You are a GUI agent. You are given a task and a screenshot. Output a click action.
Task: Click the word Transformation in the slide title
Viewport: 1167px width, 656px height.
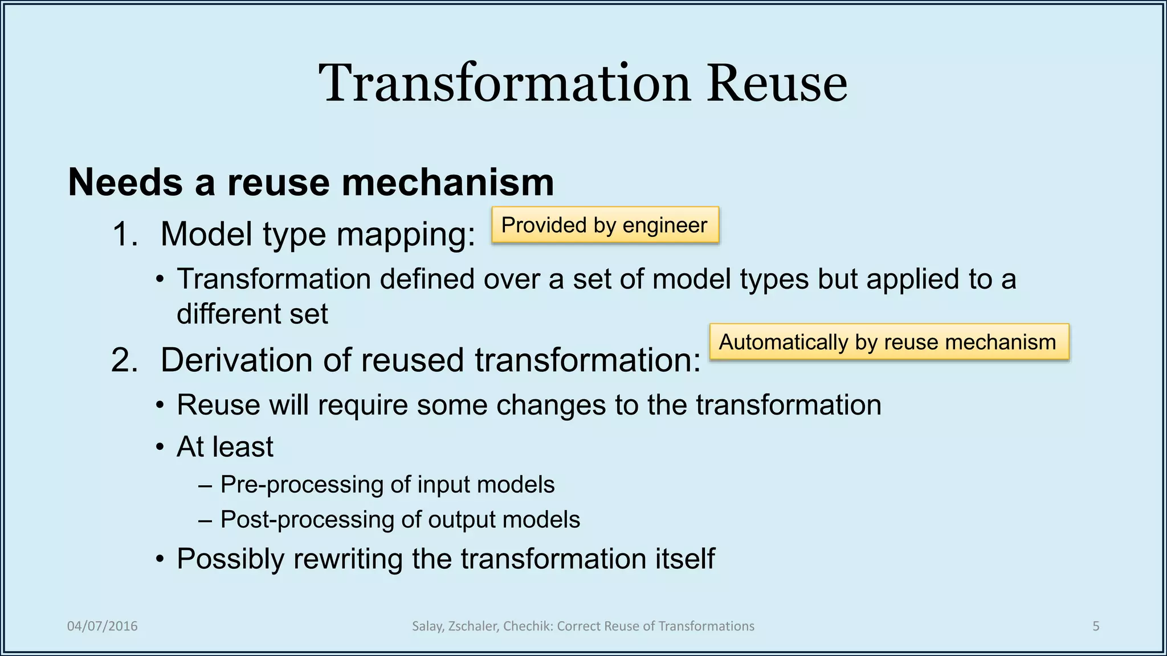(505, 84)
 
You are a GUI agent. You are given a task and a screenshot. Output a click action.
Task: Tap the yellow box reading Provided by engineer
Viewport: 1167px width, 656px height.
(605, 225)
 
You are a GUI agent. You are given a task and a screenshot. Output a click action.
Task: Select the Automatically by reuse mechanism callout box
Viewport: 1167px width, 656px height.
(889, 342)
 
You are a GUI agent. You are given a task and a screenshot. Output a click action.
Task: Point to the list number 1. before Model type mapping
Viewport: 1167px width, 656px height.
(125, 234)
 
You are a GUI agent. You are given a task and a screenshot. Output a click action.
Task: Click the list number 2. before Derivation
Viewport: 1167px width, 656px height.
(125, 360)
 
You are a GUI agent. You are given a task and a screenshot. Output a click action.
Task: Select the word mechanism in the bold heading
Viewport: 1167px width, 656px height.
(447, 183)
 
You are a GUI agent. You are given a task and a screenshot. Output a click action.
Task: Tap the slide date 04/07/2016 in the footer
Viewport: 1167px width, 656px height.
(103, 626)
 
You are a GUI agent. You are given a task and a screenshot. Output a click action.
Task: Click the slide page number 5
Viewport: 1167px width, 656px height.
(1095, 626)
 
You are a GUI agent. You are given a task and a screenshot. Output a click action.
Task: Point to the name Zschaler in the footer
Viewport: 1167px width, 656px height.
(474, 626)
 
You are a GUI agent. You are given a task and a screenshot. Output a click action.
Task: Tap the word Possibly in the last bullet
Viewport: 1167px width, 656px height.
(230, 559)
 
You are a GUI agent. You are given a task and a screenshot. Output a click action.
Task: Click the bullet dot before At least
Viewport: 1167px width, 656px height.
(161, 448)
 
